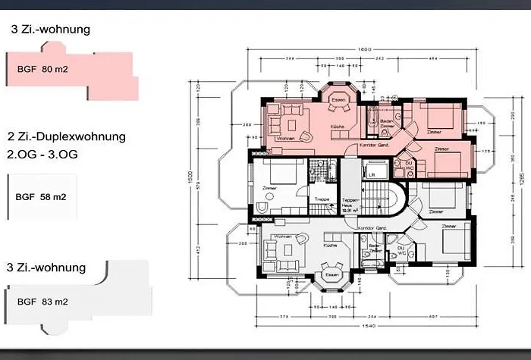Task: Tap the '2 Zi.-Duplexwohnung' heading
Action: (x=66, y=137)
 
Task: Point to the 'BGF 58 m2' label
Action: (x=41, y=197)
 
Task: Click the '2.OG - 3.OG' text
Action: (x=42, y=153)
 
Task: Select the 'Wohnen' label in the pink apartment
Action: (x=286, y=139)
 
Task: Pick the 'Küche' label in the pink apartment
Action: (x=338, y=127)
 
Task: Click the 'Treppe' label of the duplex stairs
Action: (x=322, y=199)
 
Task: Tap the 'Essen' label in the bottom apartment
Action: (x=331, y=275)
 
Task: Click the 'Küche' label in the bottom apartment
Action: (x=329, y=246)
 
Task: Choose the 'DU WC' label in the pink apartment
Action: (x=407, y=164)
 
